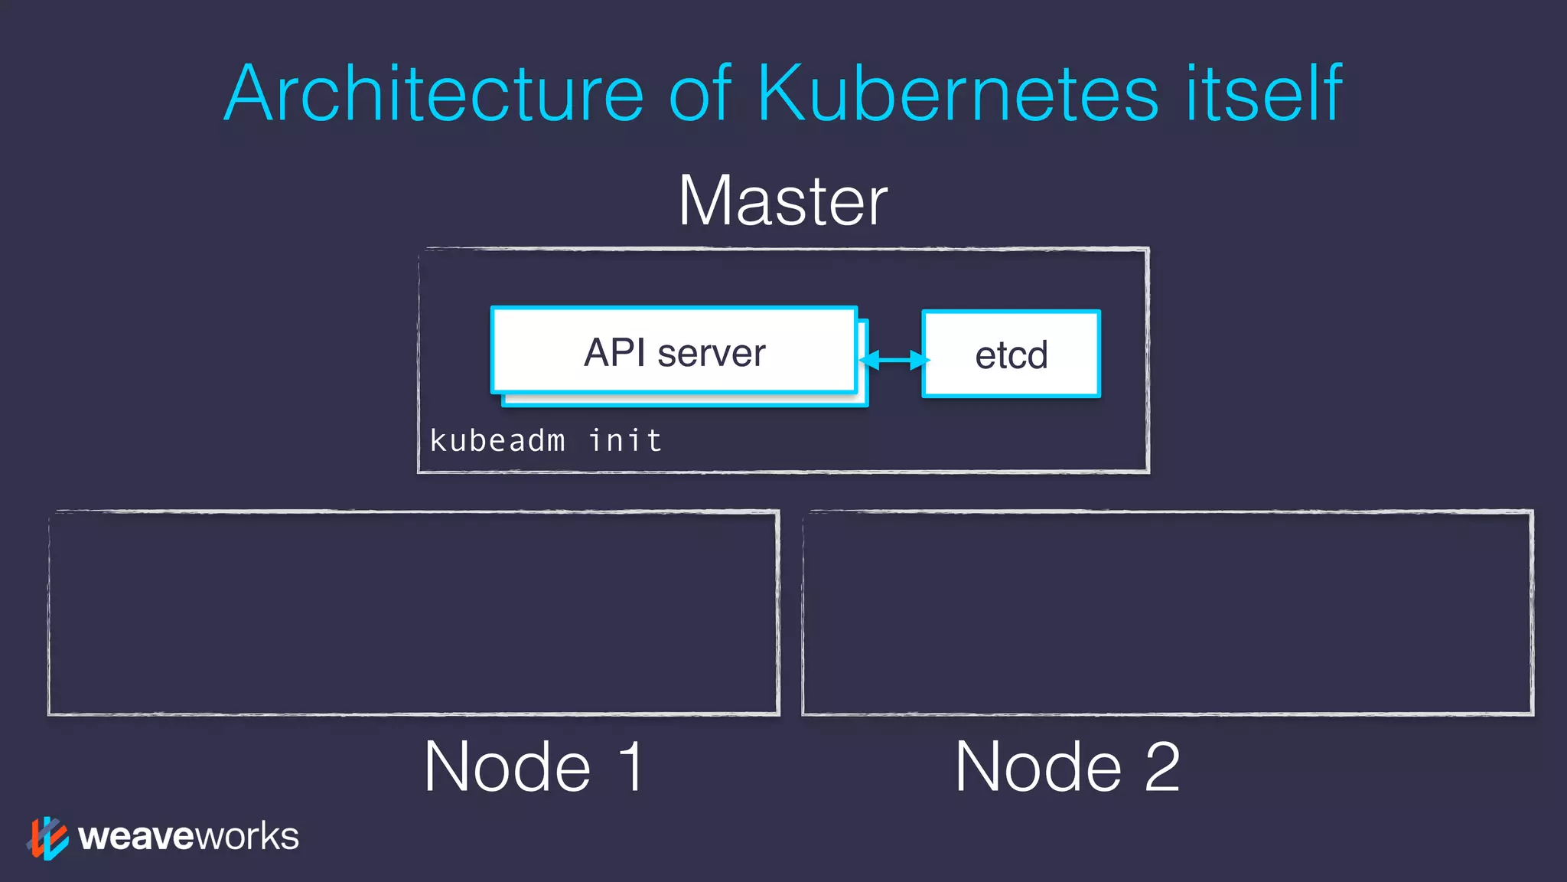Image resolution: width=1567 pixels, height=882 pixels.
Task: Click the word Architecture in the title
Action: click(x=434, y=94)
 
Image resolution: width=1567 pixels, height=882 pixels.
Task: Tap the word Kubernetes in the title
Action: click(x=958, y=94)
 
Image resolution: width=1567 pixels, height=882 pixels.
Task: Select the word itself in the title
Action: click(x=1263, y=94)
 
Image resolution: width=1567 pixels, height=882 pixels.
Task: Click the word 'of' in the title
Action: click(x=700, y=94)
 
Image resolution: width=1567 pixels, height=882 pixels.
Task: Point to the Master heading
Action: click(x=783, y=201)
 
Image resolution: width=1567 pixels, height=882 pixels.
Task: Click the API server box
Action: click(x=673, y=352)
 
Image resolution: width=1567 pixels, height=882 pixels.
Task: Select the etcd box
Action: click(x=1011, y=354)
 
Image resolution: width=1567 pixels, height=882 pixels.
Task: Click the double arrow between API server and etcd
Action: click(x=894, y=360)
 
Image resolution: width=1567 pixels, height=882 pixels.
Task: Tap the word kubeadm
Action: click(x=497, y=441)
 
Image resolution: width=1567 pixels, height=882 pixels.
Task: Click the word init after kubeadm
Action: click(x=625, y=441)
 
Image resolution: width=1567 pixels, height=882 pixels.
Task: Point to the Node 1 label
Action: click(x=534, y=766)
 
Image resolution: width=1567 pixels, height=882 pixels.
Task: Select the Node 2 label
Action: click(x=1067, y=766)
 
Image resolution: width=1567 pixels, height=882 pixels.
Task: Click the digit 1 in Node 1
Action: click(x=632, y=766)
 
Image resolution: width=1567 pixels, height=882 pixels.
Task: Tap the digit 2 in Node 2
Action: click(x=1162, y=766)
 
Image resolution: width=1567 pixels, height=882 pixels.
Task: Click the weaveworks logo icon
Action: click(x=47, y=838)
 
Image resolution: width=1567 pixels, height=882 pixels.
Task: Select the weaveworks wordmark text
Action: click(x=188, y=836)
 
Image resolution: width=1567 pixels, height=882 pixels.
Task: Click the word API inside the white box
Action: click(x=614, y=353)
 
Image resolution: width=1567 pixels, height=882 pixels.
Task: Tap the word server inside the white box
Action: click(x=712, y=353)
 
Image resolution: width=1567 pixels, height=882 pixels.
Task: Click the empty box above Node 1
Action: click(x=413, y=612)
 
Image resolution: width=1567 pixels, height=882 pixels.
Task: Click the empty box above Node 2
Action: click(x=1168, y=612)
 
